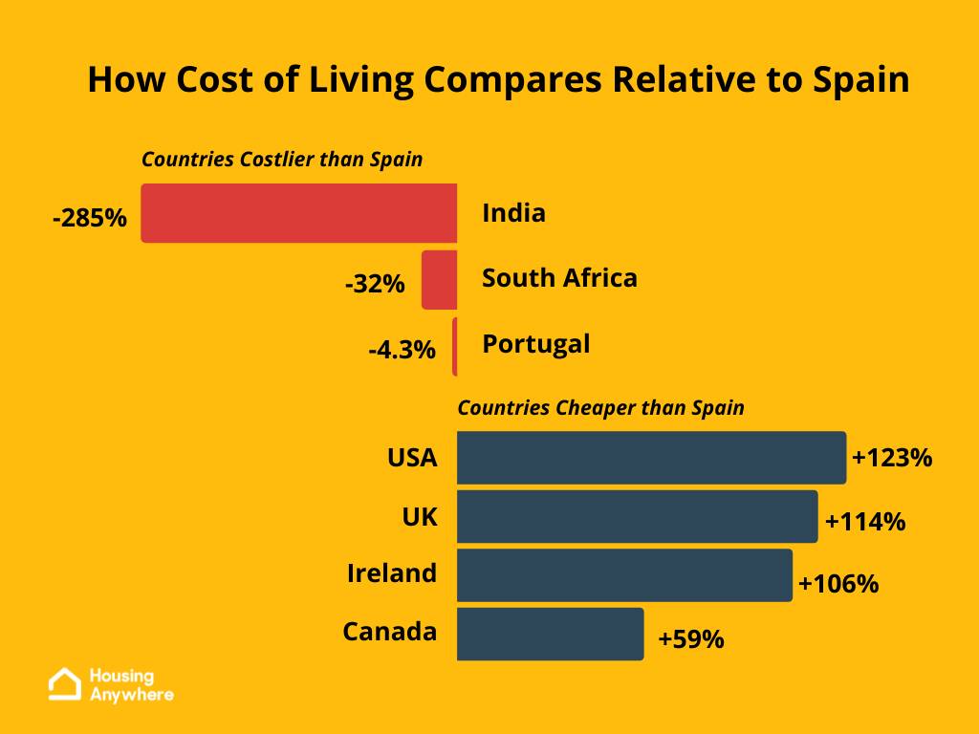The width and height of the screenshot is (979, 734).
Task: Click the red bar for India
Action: [x=299, y=213]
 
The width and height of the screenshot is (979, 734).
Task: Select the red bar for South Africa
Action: [x=440, y=280]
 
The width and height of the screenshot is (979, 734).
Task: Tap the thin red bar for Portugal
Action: [x=455, y=346]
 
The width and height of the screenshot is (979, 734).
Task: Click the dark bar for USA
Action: [x=651, y=458]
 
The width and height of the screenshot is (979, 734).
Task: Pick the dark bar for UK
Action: [x=637, y=517]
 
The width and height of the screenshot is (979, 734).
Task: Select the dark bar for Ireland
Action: [x=624, y=575]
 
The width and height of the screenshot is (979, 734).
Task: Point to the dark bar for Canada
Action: [x=551, y=634]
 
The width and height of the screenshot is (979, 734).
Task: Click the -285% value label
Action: [x=90, y=218]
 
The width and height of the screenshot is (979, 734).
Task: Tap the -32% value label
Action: [x=375, y=284]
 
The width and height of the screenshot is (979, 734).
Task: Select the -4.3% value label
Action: [x=402, y=350]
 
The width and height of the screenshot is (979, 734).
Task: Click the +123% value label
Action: [x=891, y=458]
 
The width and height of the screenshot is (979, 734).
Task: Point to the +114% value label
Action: [x=864, y=522]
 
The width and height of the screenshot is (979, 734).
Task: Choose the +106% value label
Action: [x=838, y=582]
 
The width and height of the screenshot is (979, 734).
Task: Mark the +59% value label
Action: [x=690, y=638]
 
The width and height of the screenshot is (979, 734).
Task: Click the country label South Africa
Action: [x=559, y=278]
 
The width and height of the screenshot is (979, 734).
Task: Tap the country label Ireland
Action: [x=392, y=573]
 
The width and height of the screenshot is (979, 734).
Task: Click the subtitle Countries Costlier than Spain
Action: [x=282, y=160]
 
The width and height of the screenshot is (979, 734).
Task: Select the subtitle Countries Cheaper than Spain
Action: [x=600, y=408]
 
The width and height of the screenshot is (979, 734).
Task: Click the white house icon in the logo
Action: [x=65, y=683]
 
